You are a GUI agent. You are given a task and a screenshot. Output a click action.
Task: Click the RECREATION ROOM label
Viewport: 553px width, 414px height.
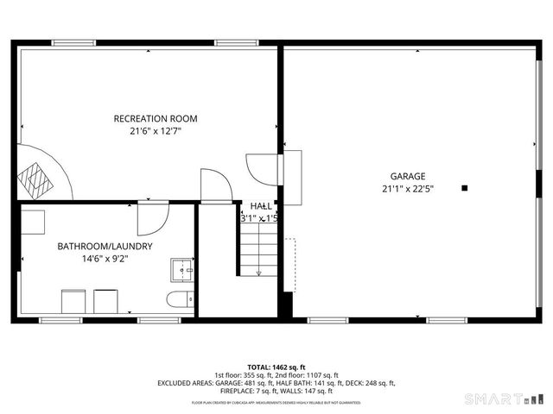[156, 118]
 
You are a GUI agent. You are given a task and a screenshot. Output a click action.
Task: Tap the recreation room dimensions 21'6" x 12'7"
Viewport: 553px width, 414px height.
[156, 131]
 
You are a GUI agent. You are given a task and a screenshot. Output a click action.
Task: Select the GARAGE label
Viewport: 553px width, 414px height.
[406, 176]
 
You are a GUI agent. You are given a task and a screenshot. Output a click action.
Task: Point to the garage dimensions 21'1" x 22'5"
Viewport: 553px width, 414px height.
[407, 189]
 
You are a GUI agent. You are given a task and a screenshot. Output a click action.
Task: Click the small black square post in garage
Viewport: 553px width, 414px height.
[464, 187]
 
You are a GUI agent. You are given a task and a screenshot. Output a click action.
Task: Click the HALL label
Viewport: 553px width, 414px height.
[261, 206]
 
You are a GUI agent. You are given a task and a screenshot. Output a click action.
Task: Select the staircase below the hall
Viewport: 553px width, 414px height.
[258, 250]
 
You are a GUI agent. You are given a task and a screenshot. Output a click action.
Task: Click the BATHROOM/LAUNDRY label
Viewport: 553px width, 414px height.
[105, 246]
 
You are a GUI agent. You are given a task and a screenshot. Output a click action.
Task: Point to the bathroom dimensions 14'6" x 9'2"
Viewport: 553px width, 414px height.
[105, 259]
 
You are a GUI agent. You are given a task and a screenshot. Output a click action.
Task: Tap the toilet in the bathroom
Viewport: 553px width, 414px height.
[179, 301]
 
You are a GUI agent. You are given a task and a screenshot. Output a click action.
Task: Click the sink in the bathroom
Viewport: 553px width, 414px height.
[182, 270]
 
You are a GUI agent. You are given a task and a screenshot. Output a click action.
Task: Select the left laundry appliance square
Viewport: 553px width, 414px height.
[73, 302]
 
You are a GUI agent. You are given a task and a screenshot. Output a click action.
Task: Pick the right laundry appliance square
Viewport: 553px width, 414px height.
[105, 302]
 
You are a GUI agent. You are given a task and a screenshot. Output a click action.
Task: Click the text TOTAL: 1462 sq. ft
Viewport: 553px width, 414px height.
[276, 367]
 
